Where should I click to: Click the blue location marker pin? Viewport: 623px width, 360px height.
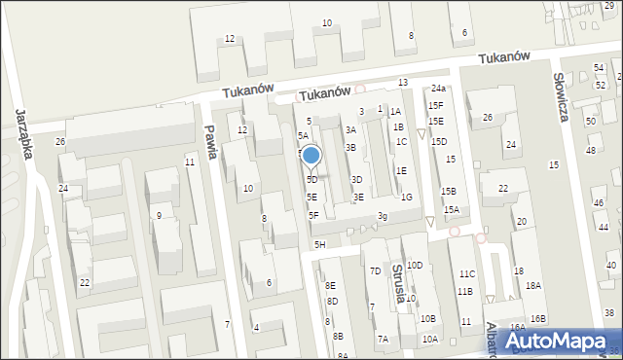pos(311,156)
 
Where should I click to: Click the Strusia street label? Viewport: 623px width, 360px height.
pos(397,283)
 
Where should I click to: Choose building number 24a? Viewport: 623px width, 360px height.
pos(439,89)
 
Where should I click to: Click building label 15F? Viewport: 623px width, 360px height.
pos(435,105)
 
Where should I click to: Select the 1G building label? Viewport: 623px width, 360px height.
pos(407,198)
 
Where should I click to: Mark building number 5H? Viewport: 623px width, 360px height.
pos(319,244)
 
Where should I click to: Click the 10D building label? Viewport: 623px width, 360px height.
pos(415,265)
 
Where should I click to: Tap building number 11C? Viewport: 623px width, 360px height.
pos(467,274)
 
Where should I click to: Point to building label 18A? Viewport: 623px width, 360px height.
pos(532,286)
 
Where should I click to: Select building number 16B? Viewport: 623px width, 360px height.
pos(538,319)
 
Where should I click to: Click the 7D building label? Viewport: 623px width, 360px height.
pos(375,271)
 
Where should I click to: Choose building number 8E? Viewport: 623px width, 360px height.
pos(331,285)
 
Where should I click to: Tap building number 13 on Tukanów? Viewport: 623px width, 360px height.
pos(403,83)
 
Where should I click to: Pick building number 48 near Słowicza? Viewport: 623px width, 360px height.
pos(590,150)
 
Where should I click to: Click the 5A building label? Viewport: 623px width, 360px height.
pos(303,136)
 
